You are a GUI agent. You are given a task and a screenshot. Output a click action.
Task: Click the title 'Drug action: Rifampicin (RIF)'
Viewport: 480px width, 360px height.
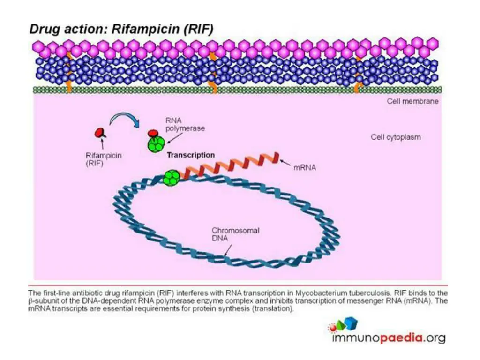[121, 29]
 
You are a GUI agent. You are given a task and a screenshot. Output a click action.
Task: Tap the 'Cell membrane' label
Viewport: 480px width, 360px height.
[412, 101]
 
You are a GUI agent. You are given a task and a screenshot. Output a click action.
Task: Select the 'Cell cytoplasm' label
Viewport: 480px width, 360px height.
[396, 137]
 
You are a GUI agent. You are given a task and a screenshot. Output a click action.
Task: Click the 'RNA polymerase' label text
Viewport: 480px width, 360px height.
[185, 124]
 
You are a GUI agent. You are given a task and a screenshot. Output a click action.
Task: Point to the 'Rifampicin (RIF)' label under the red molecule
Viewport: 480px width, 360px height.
[104, 160]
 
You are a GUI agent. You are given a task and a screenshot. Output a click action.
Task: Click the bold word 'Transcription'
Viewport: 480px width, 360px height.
[191, 155]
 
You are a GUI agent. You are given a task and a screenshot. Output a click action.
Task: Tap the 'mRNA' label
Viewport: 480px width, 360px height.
[305, 166]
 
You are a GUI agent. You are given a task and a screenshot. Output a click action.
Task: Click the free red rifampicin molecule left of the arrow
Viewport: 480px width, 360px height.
[99, 133]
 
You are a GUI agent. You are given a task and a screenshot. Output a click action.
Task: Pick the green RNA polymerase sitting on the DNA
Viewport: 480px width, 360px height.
[172, 178]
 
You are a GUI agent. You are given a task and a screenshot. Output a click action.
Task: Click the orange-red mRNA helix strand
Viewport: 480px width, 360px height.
[230, 166]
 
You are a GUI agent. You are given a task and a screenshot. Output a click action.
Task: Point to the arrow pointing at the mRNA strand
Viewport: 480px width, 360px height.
[285, 162]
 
